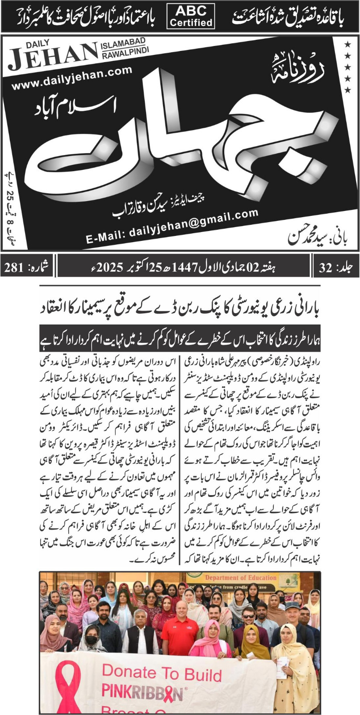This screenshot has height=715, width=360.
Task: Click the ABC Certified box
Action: coord(191,17)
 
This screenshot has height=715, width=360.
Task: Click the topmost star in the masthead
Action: coord(347,44)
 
